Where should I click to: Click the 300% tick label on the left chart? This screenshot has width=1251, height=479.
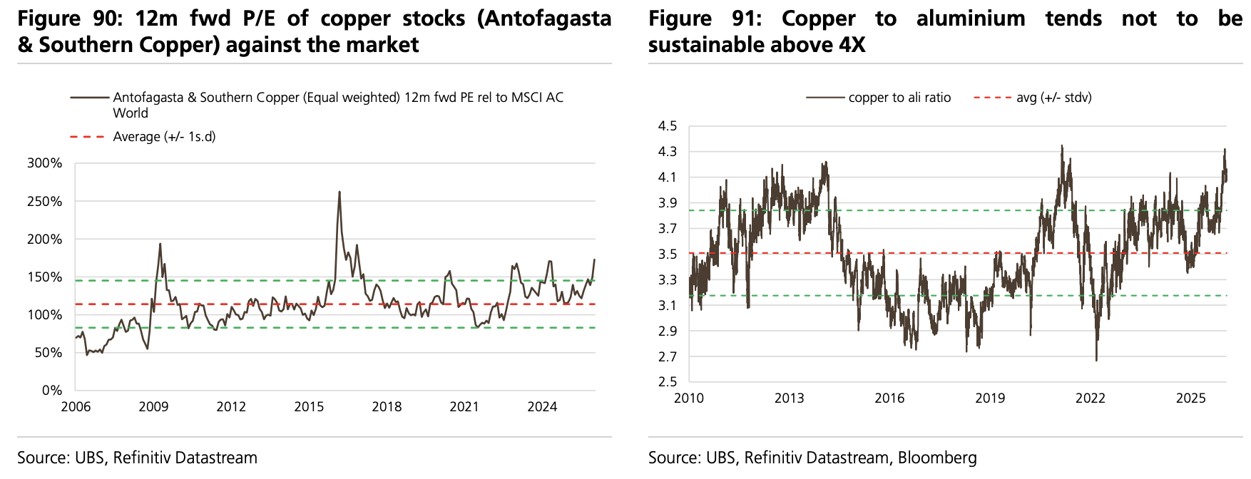44,163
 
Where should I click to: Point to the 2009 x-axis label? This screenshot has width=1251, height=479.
153,407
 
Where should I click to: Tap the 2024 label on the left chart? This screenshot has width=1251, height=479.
542,407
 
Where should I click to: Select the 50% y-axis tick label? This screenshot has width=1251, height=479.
48,353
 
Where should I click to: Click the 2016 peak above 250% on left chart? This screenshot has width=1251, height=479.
339,192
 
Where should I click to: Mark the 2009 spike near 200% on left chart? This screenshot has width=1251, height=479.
160,244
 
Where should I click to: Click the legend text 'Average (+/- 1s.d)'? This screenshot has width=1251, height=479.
164,137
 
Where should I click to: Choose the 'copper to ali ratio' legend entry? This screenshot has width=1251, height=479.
899,98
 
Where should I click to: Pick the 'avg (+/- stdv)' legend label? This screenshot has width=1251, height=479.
1053,98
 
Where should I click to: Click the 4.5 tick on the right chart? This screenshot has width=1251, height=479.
668,126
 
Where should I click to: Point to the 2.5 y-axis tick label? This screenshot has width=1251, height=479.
668,382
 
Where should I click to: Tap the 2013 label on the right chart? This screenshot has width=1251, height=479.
789,398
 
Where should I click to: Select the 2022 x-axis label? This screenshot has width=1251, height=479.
1090,398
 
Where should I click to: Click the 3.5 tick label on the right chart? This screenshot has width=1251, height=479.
668,254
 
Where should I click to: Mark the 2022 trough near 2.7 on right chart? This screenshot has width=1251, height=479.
1096,359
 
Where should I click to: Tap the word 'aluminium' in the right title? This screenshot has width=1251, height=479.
971,19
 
